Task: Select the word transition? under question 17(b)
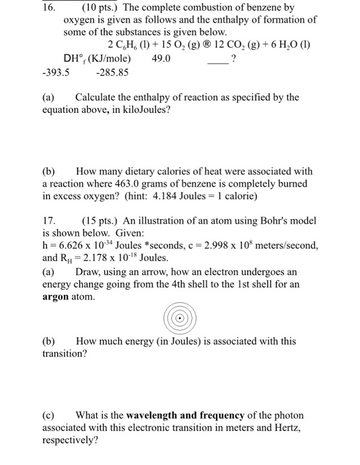click(x=64, y=354)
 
